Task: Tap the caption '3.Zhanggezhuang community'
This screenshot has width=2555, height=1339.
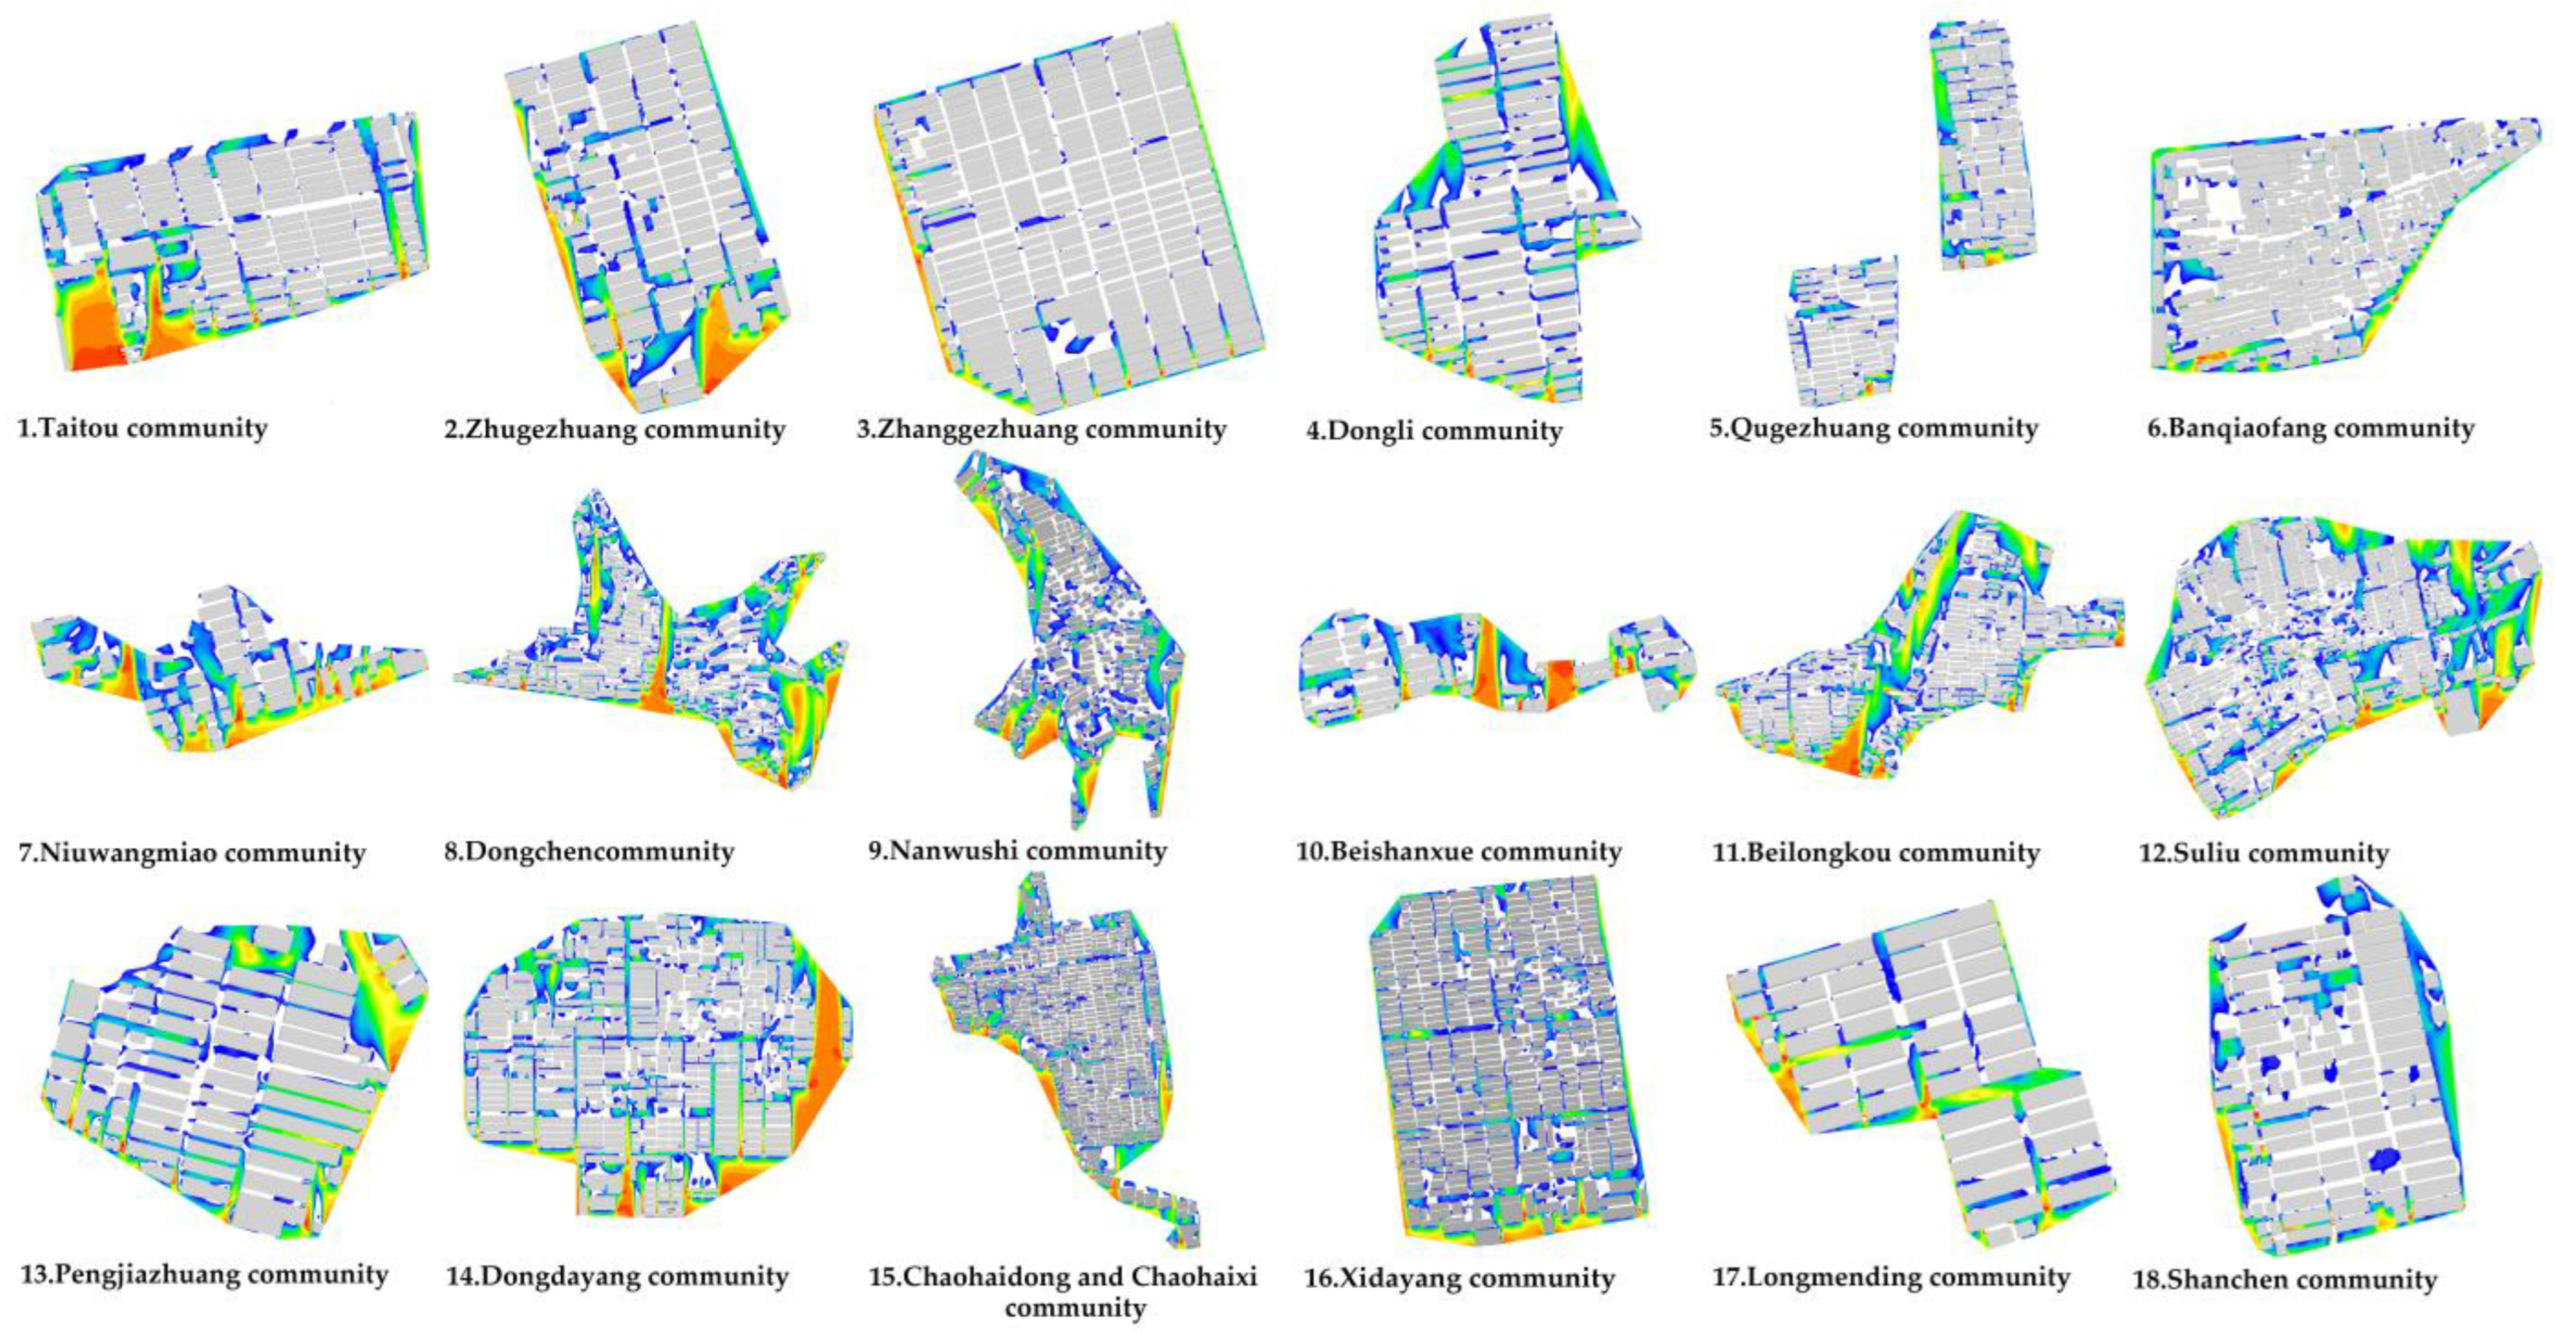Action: [x=1041, y=429]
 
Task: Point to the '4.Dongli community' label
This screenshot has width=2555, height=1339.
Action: [x=1434, y=431]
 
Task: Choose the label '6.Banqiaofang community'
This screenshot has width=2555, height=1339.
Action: [x=2311, y=429]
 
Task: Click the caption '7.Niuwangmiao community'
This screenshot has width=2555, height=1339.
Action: [x=192, y=853]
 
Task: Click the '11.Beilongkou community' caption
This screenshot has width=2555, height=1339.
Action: [x=1876, y=853]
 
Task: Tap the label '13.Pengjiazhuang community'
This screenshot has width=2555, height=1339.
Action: [x=204, y=1274]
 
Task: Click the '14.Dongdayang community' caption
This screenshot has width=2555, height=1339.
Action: [x=617, y=1276]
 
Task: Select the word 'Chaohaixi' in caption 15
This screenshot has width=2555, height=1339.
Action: [x=1193, y=1276]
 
